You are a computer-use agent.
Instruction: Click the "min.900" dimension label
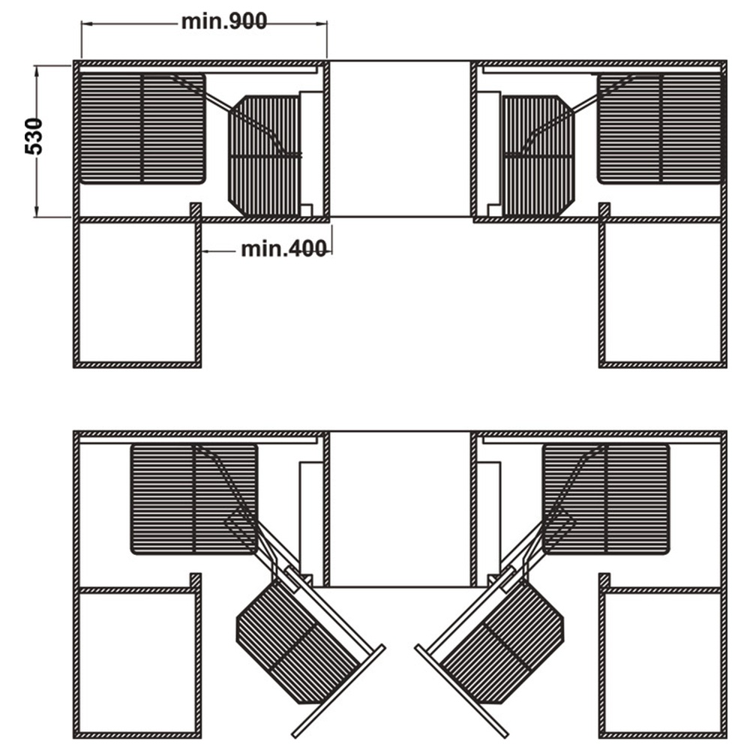pos(223,22)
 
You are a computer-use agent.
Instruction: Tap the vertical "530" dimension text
pos(34,136)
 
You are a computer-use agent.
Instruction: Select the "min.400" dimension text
pos(284,249)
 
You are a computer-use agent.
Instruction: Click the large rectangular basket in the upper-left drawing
pos(142,128)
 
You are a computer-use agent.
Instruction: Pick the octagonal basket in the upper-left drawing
pos(265,155)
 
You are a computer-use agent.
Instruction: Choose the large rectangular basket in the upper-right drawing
pos(661,128)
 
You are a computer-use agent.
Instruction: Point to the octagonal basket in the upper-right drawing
pos(537,155)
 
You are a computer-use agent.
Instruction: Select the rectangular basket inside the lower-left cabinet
pos(194,499)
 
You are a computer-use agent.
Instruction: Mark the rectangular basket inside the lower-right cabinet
pos(606,499)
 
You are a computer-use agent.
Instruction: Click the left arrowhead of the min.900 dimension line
pos(85,22)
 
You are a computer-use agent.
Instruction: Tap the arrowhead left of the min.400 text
pos(206,250)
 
